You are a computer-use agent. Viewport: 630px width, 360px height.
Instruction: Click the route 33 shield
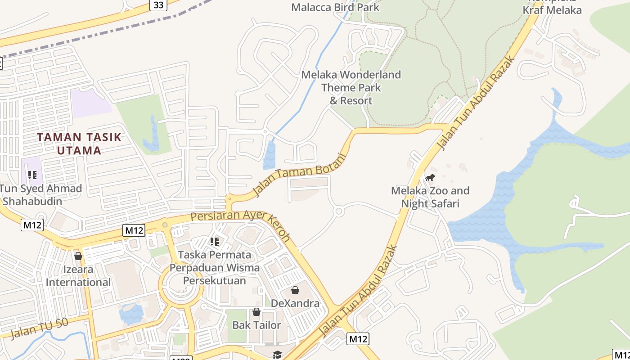click(158, 5)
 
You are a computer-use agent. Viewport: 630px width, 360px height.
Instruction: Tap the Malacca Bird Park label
click(335, 7)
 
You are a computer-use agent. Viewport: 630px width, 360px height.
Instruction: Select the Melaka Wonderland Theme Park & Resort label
click(351, 87)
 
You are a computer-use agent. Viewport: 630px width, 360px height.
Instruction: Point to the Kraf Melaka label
click(552, 10)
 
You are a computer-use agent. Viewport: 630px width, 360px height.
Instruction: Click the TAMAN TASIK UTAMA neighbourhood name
click(79, 144)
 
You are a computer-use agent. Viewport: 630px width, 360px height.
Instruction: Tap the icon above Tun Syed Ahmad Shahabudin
click(32, 175)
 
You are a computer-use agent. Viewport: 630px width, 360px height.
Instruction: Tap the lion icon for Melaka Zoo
click(430, 177)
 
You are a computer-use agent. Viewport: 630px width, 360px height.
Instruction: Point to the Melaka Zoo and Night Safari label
click(430, 197)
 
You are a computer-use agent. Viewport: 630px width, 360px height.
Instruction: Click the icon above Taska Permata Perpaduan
click(215, 242)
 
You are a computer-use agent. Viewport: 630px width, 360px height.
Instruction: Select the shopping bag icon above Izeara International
click(78, 256)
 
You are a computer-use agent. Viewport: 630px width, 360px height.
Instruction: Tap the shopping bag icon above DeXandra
click(295, 290)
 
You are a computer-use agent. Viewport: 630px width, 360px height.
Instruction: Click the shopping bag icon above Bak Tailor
click(256, 312)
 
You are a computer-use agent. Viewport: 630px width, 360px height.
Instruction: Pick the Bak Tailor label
click(256, 325)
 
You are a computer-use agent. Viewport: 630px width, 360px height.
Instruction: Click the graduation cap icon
click(277, 355)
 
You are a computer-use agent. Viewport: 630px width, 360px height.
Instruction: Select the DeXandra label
click(295, 303)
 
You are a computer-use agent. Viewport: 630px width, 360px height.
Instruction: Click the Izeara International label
click(78, 276)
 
